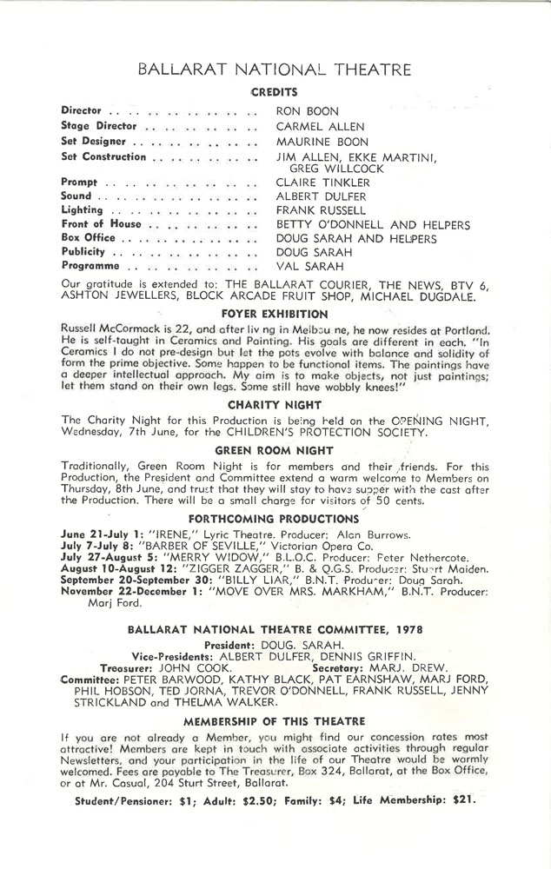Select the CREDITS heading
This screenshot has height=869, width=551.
click(275, 91)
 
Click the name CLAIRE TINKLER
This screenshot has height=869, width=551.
click(322, 182)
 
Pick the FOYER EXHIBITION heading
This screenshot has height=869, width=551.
click(274, 314)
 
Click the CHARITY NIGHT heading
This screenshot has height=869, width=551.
click(274, 404)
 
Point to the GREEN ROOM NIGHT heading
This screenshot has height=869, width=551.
click(274, 449)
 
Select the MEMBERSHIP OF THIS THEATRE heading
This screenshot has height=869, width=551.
click(275, 745)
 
